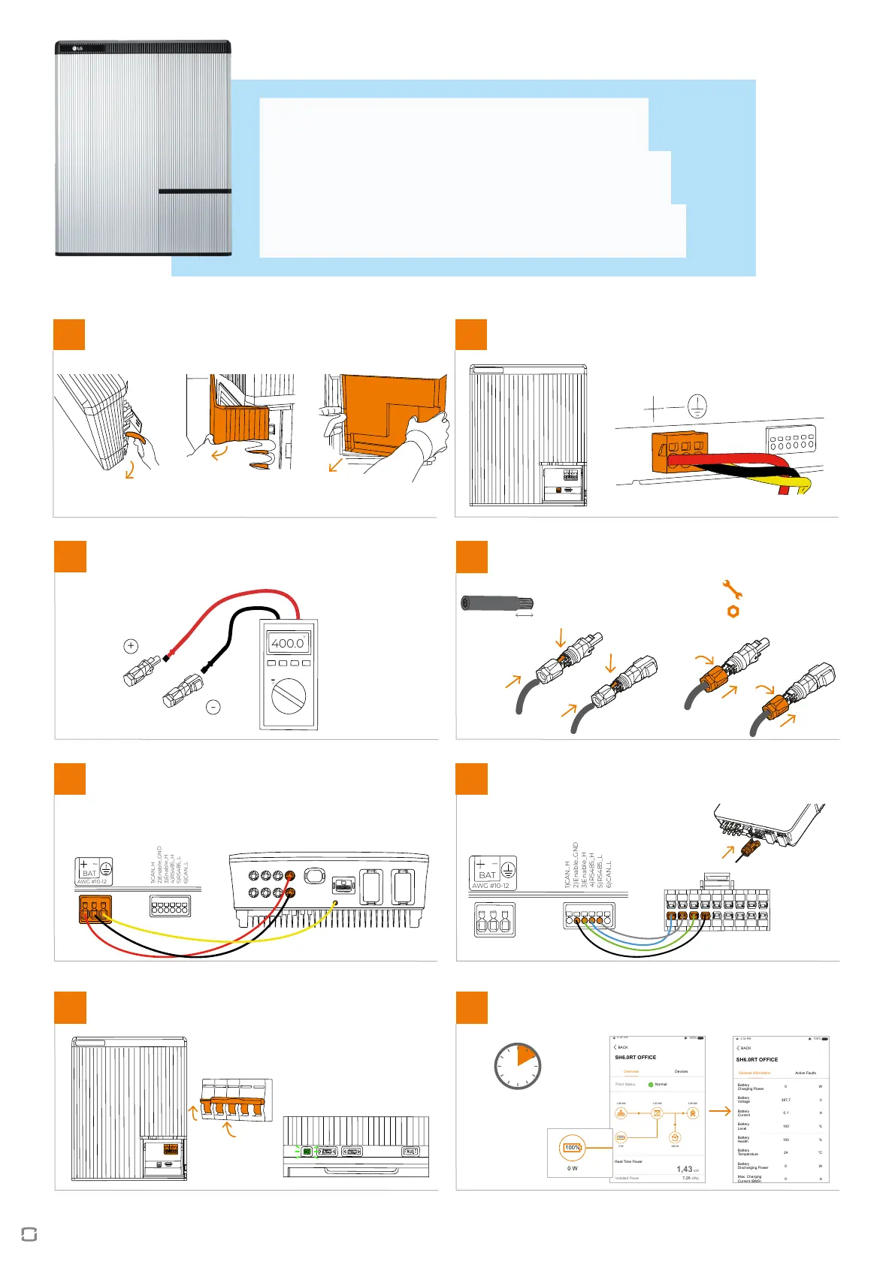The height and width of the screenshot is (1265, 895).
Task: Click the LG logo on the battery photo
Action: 77,49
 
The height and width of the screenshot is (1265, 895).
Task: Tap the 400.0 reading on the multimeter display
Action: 287,643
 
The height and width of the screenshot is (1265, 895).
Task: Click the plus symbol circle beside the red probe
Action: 131,645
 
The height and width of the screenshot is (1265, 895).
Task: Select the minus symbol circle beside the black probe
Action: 213,707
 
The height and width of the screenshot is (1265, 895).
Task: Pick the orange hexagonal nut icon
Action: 733,611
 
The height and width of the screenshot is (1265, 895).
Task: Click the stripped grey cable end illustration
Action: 497,602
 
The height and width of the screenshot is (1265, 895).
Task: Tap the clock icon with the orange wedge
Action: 518,1065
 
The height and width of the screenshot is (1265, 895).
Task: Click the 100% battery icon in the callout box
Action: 573,1148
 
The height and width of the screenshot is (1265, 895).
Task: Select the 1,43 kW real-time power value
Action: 684,1169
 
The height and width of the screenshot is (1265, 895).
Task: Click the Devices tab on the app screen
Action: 681,1071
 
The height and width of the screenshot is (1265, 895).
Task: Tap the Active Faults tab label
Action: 805,1073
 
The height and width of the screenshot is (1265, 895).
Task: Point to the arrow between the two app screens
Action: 719,1111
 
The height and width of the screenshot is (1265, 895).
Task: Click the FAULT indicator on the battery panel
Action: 410,1151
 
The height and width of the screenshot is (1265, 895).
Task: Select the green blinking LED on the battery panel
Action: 307,1151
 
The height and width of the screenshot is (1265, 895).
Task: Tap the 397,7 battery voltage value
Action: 785,1100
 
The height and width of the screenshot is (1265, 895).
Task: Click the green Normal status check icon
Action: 651,1085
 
